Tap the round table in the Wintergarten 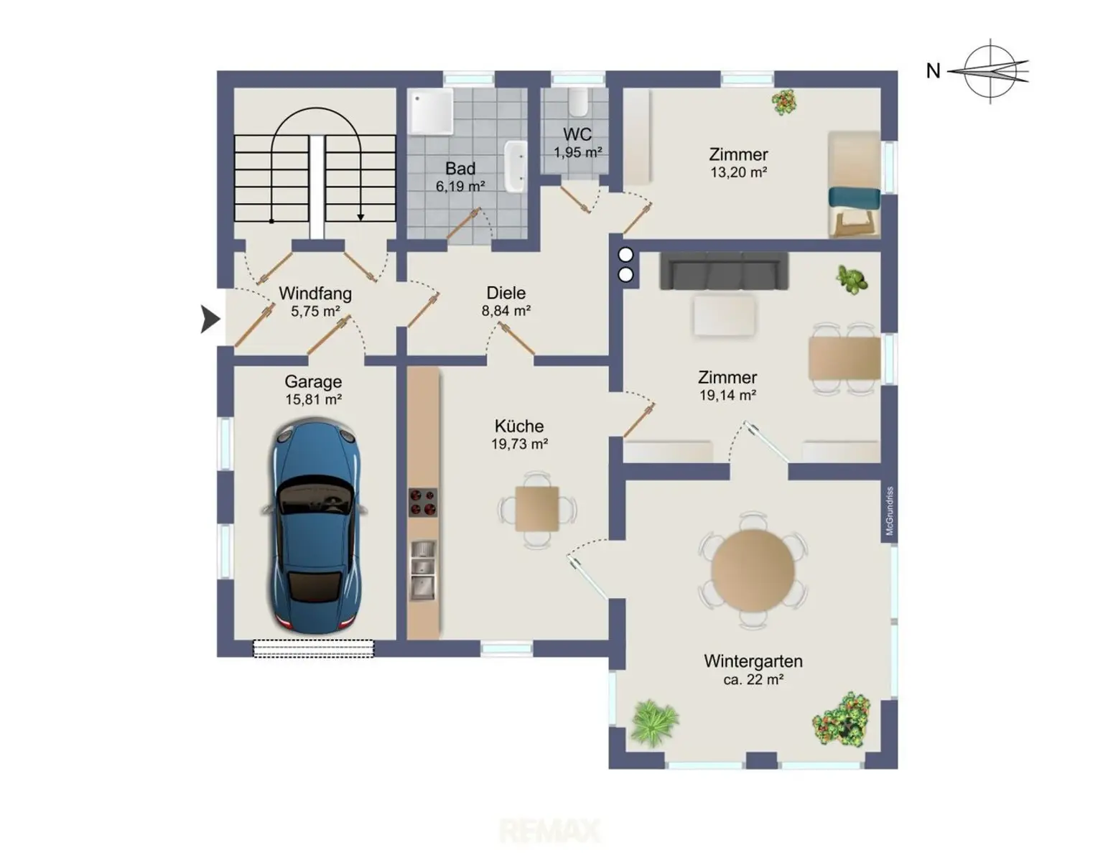point(753,570)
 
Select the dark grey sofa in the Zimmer point(724,271)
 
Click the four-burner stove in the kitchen point(423,503)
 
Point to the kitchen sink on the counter point(423,569)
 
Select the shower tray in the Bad point(432,111)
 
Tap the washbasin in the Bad point(515,167)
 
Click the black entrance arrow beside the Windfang point(210,320)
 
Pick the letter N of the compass point(933,71)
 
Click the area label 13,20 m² point(738,172)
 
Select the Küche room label point(518,426)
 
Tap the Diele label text point(506,293)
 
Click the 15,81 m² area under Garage point(313,399)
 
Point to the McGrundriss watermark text point(889,511)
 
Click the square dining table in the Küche point(537,508)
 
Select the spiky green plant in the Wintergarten point(655,722)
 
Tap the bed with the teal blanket point(855,185)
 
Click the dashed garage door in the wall point(313,648)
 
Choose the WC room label point(577,134)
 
